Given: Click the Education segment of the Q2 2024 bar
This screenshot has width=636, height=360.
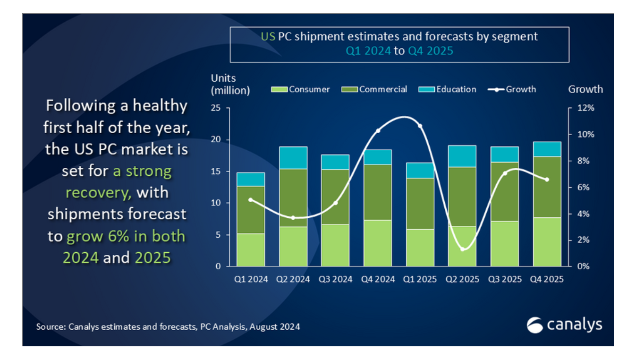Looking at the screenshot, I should tap(294, 158).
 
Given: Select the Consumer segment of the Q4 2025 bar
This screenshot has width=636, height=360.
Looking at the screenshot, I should tap(547, 241).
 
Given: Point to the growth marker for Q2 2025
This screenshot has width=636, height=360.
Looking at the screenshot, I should tap(463, 249).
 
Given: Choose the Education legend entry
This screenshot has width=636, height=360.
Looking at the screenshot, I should tap(450, 89).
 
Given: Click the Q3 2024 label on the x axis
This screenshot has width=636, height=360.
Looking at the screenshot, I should tap(336, 279).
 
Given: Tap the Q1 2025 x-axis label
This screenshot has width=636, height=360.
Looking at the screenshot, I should tap(420, 279).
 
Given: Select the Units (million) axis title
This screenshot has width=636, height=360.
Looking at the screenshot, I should tap(230, 84).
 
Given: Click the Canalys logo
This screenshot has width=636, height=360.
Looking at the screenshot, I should tap(564, 325).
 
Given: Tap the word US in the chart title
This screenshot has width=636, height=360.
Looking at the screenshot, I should tap(268, 36).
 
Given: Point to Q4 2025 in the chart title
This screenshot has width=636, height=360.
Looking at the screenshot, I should tap(431, 51).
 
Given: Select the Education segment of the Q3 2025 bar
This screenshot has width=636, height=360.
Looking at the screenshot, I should tap(505, 154).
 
